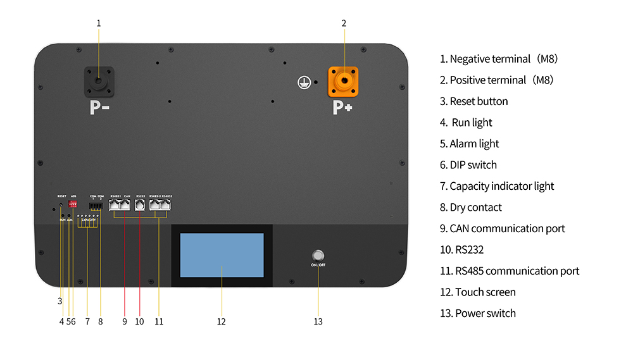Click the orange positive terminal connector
(x=342, y=82)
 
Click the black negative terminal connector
(x=99, y=82)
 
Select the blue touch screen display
(x=222, y=255)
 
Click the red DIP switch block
(x=73, y=205)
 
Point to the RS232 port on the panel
(x=140, y=205)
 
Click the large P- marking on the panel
(x=99, y=108)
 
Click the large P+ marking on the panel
(x=342, y=108)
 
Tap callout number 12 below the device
(x=221, y=321)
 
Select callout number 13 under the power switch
(x=318, y=321)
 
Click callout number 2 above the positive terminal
(x=344, y=23)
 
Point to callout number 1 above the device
(x=99, y=23)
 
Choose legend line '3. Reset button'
(x=474, y=101)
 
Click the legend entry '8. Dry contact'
(x=471, y=208)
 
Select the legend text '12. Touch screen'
(x=478, y=292)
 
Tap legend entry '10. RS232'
(x=461, y=250)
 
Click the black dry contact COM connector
(x=96, y=206)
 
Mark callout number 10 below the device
(x=139, y=321)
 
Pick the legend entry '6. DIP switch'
(x=468, y=165)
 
